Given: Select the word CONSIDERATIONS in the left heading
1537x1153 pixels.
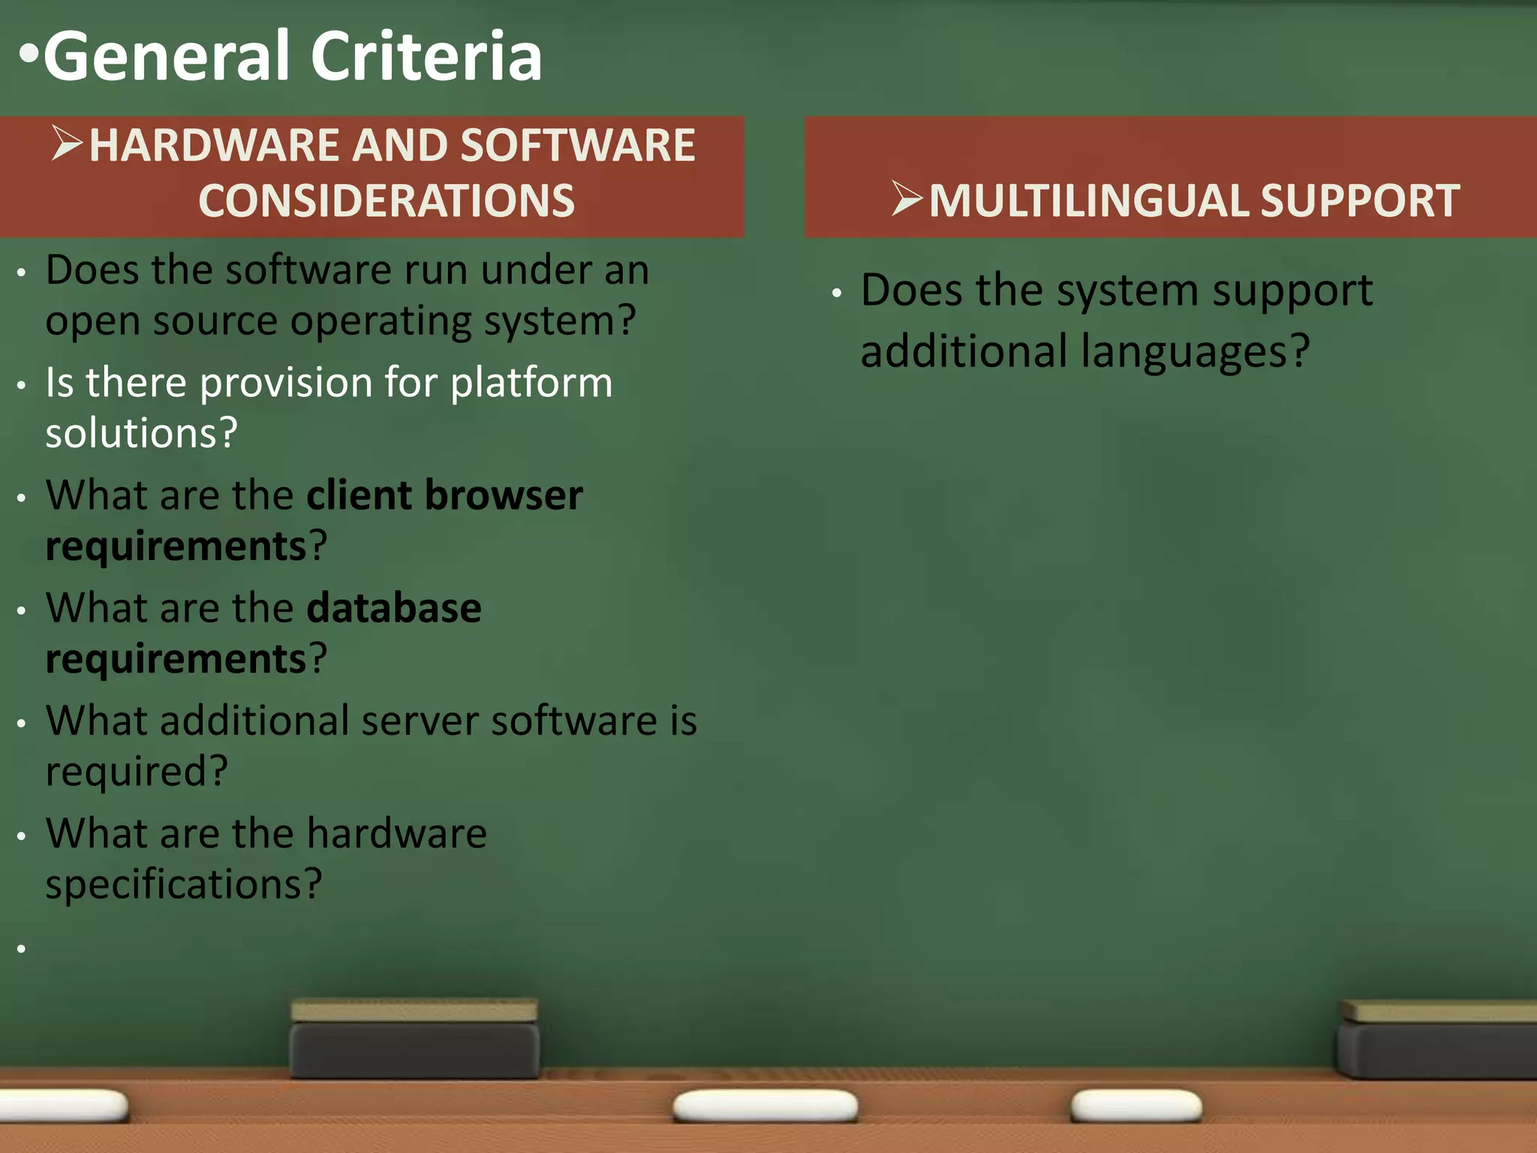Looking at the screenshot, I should (387, 201).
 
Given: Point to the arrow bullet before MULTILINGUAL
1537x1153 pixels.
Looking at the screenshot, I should (907, 199).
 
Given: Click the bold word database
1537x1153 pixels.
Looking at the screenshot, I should (394, 608).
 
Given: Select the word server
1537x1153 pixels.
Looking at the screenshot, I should (420, 721).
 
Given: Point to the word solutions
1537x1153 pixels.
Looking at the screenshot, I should (141, 434).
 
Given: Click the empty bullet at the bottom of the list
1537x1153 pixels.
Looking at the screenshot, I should (22, 949).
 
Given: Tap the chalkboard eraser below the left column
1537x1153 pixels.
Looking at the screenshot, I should (414, 1040).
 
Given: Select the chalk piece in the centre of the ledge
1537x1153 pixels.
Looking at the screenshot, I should (765, 1106).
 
